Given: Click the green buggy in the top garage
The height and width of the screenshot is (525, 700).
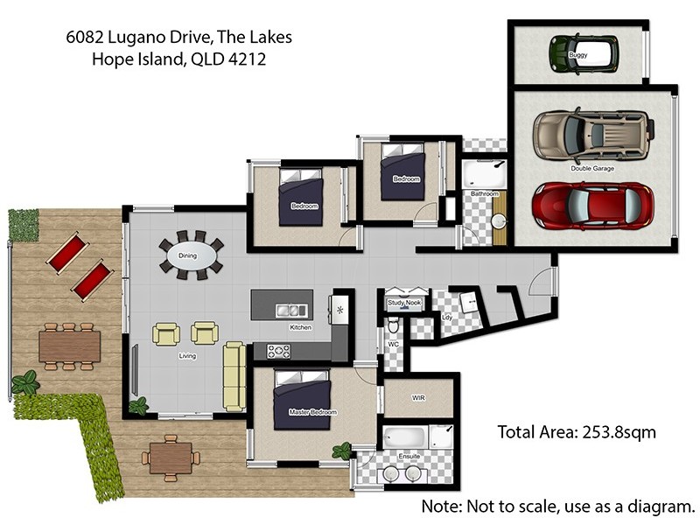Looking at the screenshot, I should (584, 52).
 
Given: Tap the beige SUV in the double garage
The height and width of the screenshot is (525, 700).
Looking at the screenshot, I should (591, 135).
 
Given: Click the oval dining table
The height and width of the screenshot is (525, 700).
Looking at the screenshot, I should (191, 255).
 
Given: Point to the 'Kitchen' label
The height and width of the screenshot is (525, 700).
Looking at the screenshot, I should (300, 327).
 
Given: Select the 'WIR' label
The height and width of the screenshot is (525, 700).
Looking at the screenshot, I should (418, 397).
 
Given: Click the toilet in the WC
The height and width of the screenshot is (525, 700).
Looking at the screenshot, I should (394, 326).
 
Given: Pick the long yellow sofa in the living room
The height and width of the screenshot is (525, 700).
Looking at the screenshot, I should (234, 376).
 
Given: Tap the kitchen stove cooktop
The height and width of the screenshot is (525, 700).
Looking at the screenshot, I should (278, 351).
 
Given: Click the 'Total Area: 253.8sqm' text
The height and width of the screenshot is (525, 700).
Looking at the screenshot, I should (576, 431).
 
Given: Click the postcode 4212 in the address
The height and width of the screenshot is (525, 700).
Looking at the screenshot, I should (247, 59).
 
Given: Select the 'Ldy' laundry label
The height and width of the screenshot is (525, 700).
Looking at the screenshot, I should (447, 317).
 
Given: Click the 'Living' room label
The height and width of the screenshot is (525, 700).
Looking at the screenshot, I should (187, 356).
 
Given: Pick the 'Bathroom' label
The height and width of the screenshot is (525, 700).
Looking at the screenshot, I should (484, 193).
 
